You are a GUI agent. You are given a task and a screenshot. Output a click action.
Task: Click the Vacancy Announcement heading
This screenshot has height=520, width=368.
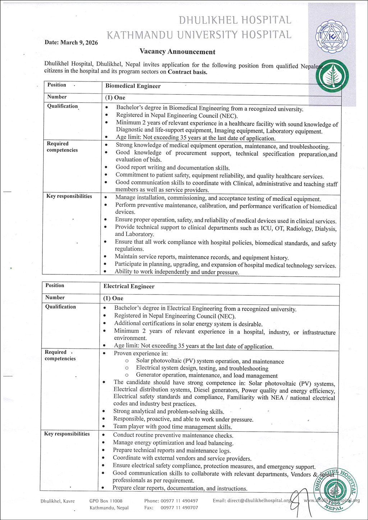tap(178, 52)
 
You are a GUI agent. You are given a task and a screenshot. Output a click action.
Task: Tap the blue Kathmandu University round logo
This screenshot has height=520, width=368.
tap(332, 36)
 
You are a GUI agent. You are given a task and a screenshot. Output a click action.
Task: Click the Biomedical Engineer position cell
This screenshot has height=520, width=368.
tap(133, 86)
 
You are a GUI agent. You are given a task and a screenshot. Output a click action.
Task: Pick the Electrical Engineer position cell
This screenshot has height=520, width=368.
tap(129, 287)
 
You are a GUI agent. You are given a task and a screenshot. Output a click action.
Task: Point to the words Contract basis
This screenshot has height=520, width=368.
tap(188, 72)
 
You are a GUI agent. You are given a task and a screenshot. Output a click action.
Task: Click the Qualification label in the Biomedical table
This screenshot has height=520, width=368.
tap(63, 106)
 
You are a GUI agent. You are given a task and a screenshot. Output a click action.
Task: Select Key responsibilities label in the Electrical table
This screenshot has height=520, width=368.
tap(67, 434)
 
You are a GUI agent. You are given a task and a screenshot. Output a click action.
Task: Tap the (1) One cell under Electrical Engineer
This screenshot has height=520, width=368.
tap(113, 298)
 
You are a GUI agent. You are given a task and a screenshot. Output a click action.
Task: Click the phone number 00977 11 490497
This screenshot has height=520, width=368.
tap(179, 501)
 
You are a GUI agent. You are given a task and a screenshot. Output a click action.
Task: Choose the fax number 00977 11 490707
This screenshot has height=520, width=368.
tap(179, 508)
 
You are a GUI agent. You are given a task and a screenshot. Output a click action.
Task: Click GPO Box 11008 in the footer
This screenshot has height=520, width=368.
tap(106, 501)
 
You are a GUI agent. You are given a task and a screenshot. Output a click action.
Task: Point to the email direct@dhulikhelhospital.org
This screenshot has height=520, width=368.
tap(252, 501)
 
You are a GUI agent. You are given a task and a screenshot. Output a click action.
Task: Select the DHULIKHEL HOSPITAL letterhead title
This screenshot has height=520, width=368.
tap(235, 20)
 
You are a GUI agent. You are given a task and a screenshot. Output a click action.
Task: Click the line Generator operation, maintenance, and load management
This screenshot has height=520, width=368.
tap(207, 376)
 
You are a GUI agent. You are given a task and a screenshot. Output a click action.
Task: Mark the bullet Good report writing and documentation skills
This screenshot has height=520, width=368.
tap(172, 168)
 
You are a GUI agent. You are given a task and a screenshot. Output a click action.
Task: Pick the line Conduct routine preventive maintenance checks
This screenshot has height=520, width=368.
tap(173, 435)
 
